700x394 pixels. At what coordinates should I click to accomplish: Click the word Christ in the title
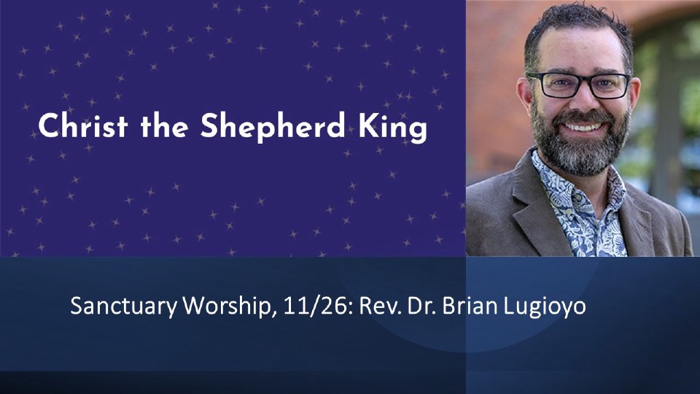pyautogui.click(x=83, y=125)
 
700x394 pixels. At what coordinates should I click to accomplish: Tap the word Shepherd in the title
pyautogui.click(x=273, y=128)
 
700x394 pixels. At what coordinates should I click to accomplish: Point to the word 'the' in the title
pyautogui.click(x=164, y=125)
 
